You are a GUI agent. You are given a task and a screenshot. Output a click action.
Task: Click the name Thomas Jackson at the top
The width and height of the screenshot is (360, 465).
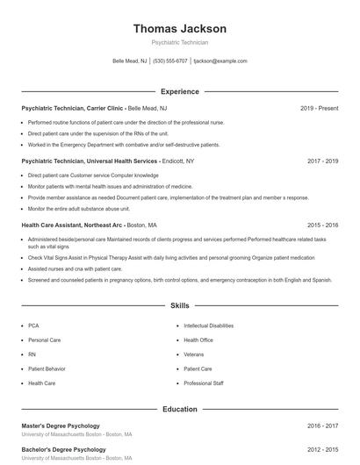click(180, 29)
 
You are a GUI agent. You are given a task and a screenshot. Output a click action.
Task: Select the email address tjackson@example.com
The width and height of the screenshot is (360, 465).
click(220, 61)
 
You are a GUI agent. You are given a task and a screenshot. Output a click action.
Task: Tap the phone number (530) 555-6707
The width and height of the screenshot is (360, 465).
click(170, 61)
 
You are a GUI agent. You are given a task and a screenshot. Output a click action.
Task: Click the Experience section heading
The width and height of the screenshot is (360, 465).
click(180, 91)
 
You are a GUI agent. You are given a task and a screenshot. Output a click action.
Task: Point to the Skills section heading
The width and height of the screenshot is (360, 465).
click(180, 306)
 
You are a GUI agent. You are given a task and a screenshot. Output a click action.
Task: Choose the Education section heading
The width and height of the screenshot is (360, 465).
click(180, 409)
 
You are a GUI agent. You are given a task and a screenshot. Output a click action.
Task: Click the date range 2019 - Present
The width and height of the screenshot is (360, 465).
click(319, 108)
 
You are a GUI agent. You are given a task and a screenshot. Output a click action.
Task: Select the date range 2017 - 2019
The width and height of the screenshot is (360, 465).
click(322, 161)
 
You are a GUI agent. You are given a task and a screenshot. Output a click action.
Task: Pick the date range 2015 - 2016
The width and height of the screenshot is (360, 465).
click(322, 225)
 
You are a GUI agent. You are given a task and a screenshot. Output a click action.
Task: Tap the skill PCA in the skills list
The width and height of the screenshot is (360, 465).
click(33, 325)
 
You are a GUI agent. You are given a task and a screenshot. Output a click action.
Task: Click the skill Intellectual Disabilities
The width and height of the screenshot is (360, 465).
click(208, 325)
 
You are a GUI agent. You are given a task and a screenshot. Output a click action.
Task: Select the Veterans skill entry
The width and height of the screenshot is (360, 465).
click(193, 354)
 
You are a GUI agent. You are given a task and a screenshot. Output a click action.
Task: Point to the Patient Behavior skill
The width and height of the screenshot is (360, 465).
click(47, 368)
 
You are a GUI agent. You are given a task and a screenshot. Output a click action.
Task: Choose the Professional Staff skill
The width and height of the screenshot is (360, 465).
click(204, 383)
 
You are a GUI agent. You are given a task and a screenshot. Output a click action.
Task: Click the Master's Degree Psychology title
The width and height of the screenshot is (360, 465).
click(60, 426)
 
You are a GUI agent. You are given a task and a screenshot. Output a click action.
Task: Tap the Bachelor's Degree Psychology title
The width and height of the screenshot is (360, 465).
click(63, 449)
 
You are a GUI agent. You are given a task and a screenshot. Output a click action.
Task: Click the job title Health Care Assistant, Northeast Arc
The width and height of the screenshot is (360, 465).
click(72, 225)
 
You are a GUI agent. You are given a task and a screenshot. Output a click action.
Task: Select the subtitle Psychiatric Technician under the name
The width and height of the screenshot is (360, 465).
click(180, 42)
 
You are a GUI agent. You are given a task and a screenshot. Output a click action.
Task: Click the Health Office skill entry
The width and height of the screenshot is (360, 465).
click(198, 340)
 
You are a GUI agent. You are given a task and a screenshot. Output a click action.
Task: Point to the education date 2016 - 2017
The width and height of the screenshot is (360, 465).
click(322, 426)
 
